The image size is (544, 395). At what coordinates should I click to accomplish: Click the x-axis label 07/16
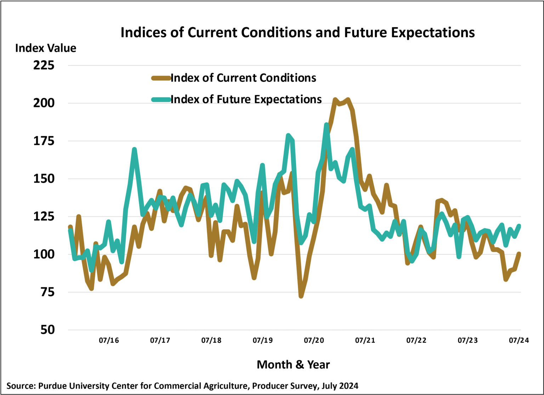click(109, 341)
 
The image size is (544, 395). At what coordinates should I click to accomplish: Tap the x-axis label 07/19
click(262, 341)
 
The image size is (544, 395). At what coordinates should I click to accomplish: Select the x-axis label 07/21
click(365, 341)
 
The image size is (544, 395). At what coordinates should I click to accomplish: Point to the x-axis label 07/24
click(519, 341)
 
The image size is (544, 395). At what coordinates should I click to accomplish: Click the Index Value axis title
click(46, 48)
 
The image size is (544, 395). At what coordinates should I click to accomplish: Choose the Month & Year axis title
click(293, 364)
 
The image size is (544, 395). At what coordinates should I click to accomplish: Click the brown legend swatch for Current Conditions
click(161, 78)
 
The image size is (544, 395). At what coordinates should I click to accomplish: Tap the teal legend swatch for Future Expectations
click(161, 99)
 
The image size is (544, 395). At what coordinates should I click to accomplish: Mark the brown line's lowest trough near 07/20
click(301, 295)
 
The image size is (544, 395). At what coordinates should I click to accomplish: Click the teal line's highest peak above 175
click(326, 125)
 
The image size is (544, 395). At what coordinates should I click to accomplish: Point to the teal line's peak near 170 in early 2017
click(134, 149)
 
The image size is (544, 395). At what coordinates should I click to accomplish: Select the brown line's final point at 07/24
click(519, 254)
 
